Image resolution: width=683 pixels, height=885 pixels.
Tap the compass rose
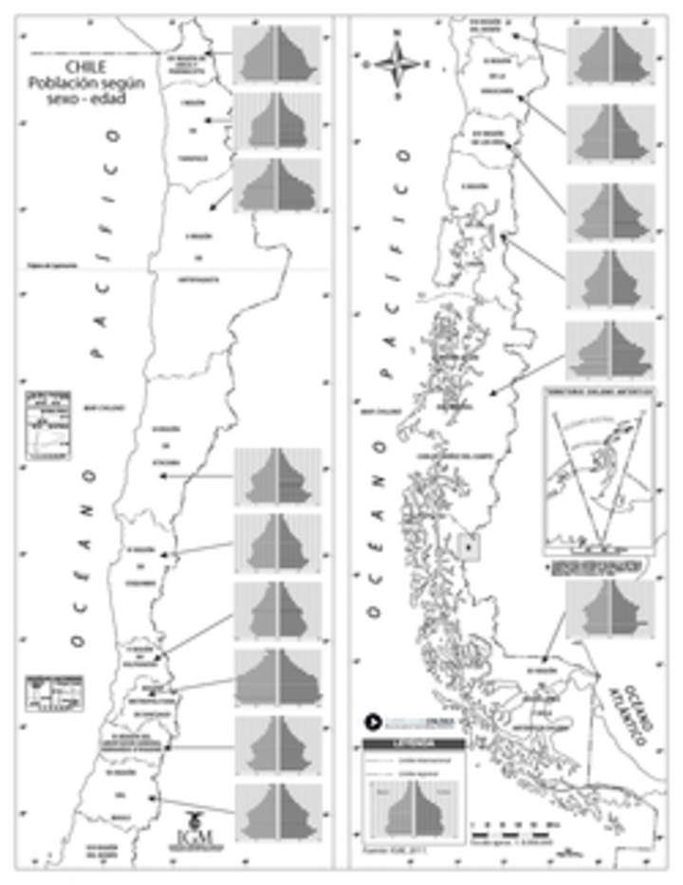coord(397,65)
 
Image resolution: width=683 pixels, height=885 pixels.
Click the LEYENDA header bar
coord(414,745)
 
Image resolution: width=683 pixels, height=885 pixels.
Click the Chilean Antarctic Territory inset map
coord(599,469)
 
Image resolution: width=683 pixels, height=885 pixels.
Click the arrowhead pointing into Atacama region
coord(162,476)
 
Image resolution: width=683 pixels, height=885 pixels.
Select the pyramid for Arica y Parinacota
coord(277,54)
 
